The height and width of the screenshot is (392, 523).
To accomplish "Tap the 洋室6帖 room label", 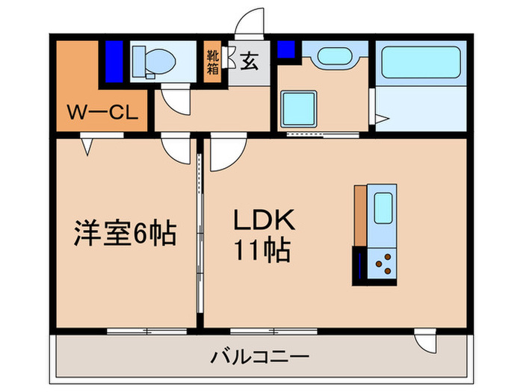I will click(x=124, y=234).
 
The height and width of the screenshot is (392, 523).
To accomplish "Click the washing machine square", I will click(x=299, y=107).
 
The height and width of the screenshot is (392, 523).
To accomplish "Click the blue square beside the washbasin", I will click(x=285, y=49).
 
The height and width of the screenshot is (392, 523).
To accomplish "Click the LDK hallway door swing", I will click(x=223, y=153).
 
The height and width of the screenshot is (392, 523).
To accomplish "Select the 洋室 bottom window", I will click(x=146, y=329).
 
